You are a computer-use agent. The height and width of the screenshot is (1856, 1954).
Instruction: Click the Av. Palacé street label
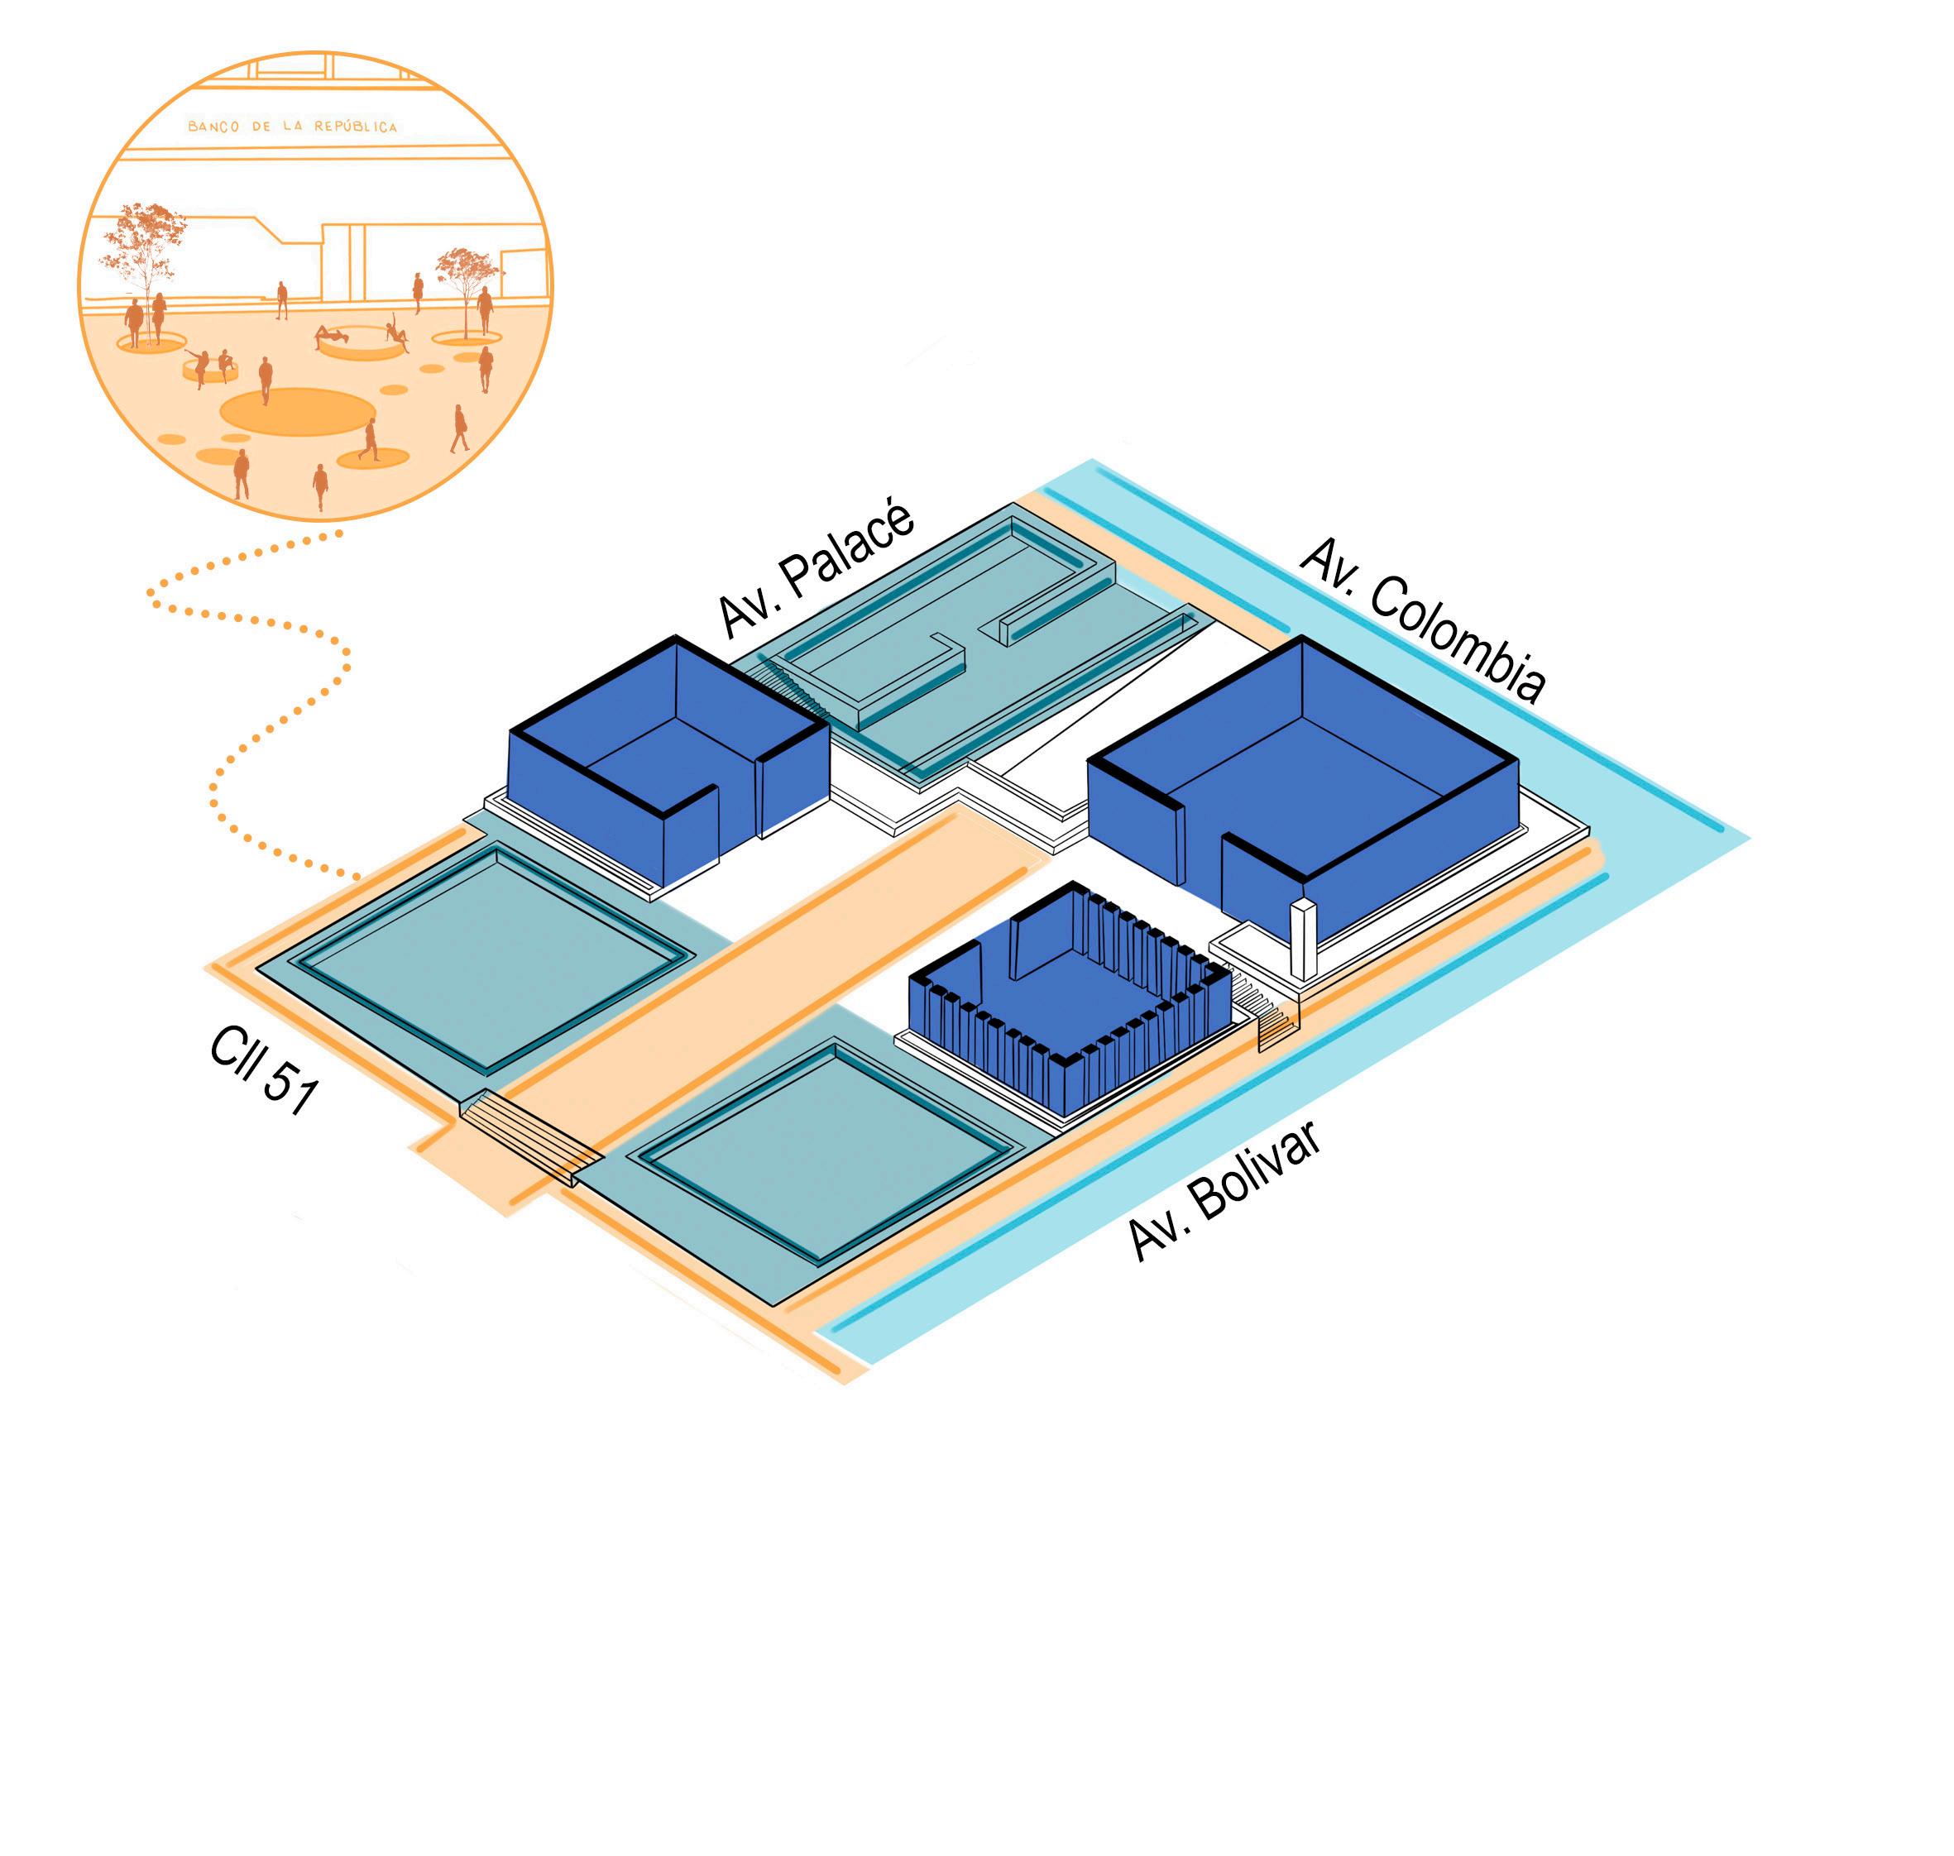click(x=817, y=572)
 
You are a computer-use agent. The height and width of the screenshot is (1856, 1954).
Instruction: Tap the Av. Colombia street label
click(x=1422, y=620)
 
